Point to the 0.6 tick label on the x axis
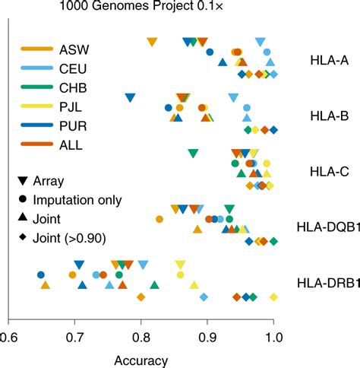coord(8,335)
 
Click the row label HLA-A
coord(329,60)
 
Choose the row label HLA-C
coord(329,172)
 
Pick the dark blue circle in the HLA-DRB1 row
coord(40,274)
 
